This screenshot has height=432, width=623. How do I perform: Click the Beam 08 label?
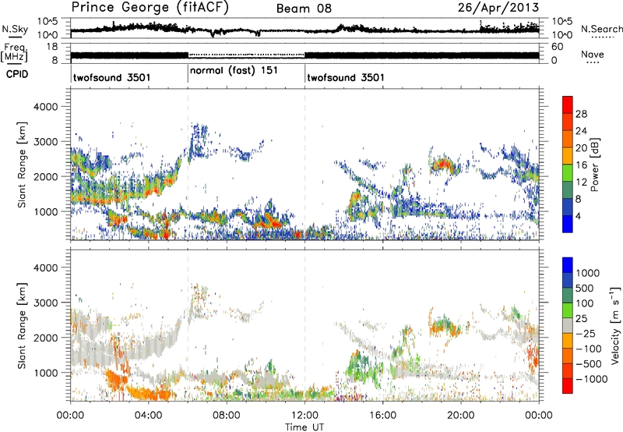pyautogui.click(x=303, y=8)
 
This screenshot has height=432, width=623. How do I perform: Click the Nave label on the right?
pyautogui.click(x=593, y=55)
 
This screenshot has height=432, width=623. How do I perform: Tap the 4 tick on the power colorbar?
pyautogui.click(x=581, y=215)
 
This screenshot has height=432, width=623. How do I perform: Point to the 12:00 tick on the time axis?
pyautogui.click(x=304, y=415)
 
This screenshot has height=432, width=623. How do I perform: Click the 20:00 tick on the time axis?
pyautogui.click(x=460, y=415)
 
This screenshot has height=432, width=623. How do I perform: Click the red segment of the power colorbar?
pyautogui.click(x=568, y=104)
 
